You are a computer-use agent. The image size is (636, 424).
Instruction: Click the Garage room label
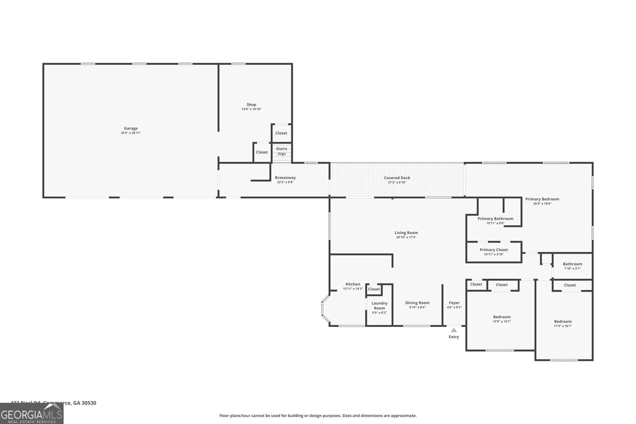click(131, 128)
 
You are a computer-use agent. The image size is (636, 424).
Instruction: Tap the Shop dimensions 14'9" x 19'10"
click(251, 109)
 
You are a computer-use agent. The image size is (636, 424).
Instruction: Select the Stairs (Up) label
click(281, 151)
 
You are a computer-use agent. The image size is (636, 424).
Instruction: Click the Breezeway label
click(285, 178)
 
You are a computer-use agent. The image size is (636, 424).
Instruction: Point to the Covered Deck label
click(397, 178)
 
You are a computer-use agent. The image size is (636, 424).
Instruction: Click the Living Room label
click(406, 233)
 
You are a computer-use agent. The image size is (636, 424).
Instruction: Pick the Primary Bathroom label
click(495, 219)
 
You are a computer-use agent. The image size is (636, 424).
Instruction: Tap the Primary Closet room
click(494, 252)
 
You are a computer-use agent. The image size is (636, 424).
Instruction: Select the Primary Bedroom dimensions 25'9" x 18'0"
click(542, 203)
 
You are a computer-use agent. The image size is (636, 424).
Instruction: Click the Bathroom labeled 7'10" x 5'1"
click(572, 266)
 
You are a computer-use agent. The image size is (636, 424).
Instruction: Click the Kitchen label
click(353, 284)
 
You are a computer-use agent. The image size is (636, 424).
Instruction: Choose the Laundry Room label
click(379, 306)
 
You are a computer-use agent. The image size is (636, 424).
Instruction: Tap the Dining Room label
click(417, 303)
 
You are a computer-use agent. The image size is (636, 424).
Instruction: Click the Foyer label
click(454, 303)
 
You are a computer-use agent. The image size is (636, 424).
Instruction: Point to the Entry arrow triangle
click(454, 330)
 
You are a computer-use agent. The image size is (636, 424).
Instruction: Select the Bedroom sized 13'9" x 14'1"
click(502, 319)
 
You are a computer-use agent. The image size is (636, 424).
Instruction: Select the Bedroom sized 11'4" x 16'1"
click(563, 323)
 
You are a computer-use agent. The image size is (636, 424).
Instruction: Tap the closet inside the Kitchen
click(374, 289)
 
